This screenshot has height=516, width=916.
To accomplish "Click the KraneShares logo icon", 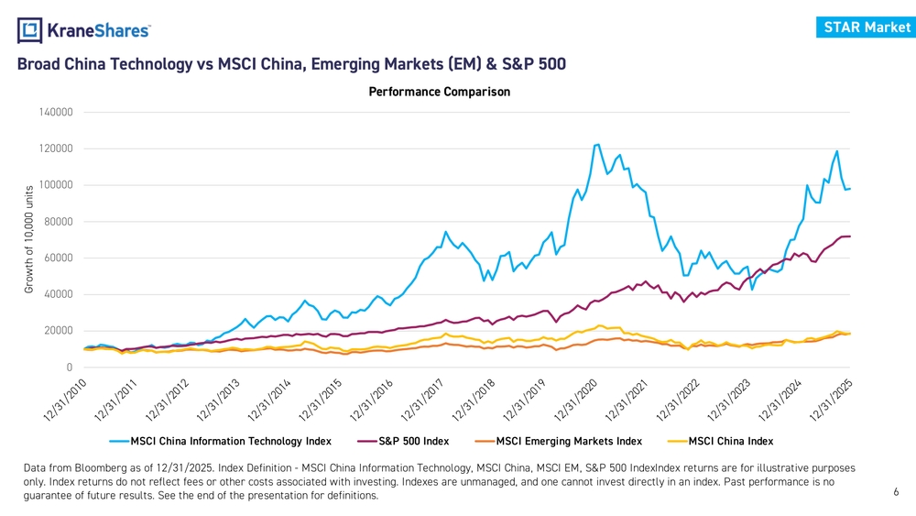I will pyautogui.click(x=30, y=30).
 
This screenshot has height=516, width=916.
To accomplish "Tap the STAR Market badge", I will pyautogui.click(x=867, y=27).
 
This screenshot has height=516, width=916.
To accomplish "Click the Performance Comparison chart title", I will pyautogui.click(x=439, y=92).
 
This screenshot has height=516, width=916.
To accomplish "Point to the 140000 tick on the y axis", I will pyautogui.click(x=57, y=112).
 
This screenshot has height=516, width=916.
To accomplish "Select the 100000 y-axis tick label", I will pyautogui.click(x=57, y=185).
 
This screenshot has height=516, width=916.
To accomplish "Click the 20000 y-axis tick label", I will pyautogui.click(x=60, y=331).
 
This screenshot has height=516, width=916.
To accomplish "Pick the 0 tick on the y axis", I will pyautogui.click(x=70, y=368).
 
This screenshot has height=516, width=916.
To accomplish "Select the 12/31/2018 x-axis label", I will pyautogui.click(x=477, y=400).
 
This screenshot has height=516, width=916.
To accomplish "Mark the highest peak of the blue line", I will pyautogui.click(x=597, y=144).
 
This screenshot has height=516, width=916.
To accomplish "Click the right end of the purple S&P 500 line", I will pyautogui.click(x=850, y=236).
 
